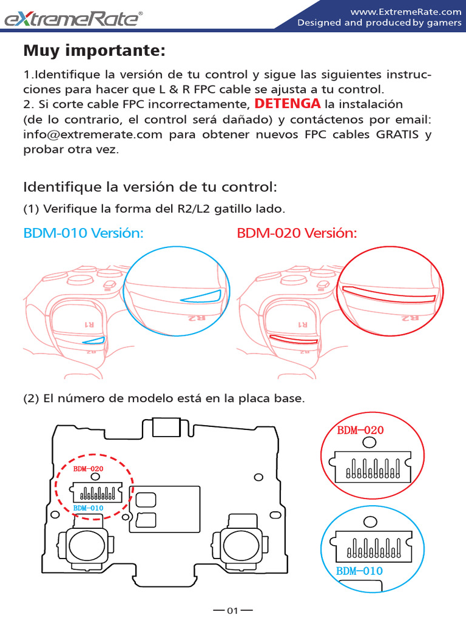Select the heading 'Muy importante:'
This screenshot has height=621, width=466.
click(x=94, y=51)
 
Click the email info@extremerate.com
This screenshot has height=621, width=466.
click(x=93, y=135)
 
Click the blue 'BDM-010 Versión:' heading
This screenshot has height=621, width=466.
click(x=83, y=233)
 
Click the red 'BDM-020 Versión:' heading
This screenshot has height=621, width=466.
click(x=297, y=233)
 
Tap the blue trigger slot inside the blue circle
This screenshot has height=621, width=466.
click(x=201, y=296)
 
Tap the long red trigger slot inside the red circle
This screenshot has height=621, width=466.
click(x=389, y=293)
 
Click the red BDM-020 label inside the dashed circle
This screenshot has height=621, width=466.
click(x=88, y=469)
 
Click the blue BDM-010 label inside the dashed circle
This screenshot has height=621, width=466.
click(x=88, y=508)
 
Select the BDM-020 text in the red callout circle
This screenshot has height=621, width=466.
click(x=360, y=431)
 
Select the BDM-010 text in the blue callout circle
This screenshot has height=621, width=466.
click(x=359, y=571)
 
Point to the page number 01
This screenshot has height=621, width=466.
click(x=233, y=611)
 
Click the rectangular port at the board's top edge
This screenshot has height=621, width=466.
click(x=166, y=426)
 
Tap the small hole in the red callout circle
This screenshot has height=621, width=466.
click(x=368, y=443)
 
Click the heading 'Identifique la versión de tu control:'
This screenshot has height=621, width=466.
click(x=150, y=185)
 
